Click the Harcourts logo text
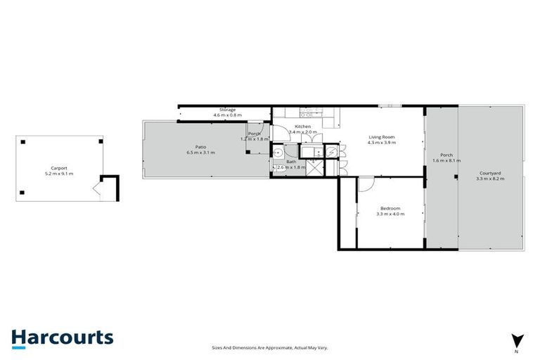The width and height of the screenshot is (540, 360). coord(62,337)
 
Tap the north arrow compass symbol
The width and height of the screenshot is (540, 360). coord(517,341)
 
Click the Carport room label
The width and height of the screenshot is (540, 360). coord(59,167)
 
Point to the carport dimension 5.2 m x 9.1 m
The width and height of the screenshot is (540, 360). coord(59,173)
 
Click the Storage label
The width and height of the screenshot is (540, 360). coord(227,110)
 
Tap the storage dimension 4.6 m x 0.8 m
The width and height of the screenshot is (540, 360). coord(227,115)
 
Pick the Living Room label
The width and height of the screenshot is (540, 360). coord(381,136)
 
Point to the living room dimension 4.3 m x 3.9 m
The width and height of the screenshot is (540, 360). coord(381,143)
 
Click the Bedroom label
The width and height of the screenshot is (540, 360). coord(390,208)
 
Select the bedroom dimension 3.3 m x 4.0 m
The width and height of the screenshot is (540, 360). coord(390,214)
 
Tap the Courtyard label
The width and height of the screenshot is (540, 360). coord(490,173)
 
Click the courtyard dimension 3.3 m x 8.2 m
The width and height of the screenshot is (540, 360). coord(490,179)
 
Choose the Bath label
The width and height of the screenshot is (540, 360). coord(290,162)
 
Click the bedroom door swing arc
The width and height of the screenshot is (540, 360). coord(366,184)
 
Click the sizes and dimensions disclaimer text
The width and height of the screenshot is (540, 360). coord(270,347)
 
